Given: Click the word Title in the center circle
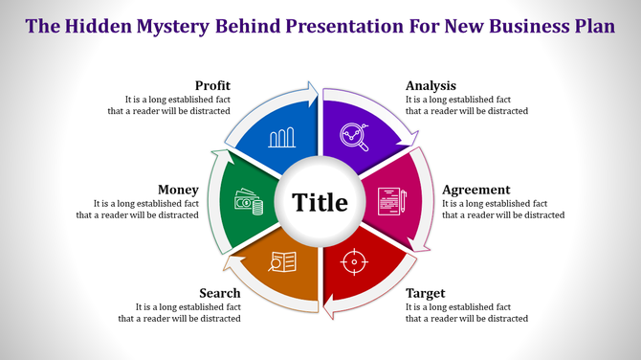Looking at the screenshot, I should click(x=320, y=203).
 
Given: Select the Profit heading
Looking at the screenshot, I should click(x=212, y=86).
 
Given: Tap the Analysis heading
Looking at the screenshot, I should click(x=431, y=86).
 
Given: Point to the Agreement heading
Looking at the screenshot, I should click(x=476, y=190).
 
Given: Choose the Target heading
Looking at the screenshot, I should click(x=426, y=293).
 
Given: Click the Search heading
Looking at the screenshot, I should click(x=219, y=293).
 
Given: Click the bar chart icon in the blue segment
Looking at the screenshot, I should click(x=281, y=138).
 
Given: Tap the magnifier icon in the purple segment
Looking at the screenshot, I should click(x=357, y=139).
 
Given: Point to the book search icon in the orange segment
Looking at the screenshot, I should click(x=283, y=260).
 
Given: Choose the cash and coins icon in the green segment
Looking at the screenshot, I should click(x=248, y=203).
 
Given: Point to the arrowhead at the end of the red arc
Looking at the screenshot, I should click(x=328, y=308).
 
